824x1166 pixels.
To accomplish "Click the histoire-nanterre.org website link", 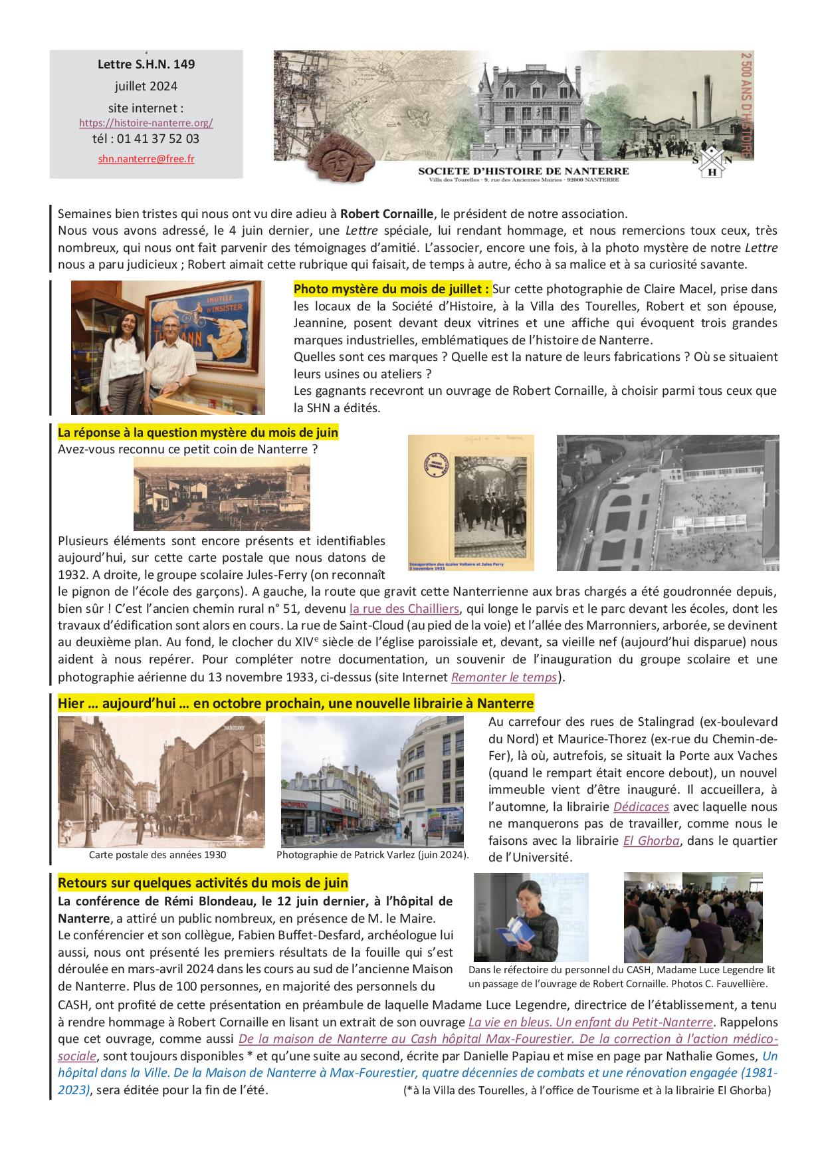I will click(146, 123).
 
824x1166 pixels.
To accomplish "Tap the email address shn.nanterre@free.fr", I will click(146, 159).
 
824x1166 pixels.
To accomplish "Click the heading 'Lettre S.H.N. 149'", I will click(146, 64).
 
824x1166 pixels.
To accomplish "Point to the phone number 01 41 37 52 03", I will click(157, 140).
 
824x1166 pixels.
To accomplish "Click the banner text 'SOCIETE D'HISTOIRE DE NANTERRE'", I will click(523, 172).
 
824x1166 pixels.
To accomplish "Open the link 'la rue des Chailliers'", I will click(404, 608).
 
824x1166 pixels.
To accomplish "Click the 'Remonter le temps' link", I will click(504, 677).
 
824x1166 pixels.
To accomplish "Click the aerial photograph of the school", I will click(667, 503).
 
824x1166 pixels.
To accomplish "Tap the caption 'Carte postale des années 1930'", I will click(157, 855).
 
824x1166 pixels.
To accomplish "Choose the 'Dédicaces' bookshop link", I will click(641, 807).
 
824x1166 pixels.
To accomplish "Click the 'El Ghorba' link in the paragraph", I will click(651, 840).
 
